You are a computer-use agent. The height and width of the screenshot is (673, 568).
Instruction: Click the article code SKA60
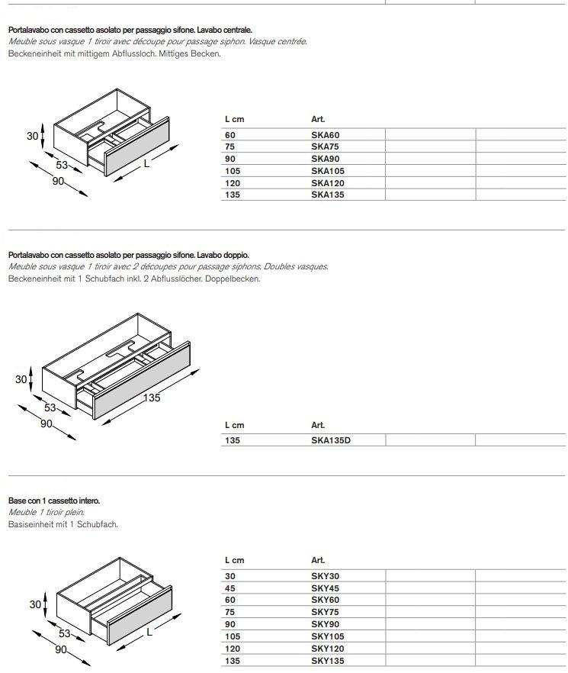[325, 135]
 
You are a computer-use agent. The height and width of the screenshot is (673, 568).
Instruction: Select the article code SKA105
[328, 171]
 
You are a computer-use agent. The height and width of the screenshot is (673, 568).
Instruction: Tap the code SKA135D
[331, 440]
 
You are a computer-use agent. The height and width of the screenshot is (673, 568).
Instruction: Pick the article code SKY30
[325, 576]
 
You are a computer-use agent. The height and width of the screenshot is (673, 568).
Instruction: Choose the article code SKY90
[325, 624]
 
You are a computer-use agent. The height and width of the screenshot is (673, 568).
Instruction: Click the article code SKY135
[328, 661]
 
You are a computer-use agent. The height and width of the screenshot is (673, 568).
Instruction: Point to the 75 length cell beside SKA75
[229, 147]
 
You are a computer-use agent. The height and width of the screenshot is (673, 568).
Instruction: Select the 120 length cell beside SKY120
[232, 649]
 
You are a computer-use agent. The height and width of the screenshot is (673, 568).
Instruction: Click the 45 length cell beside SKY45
[229, 588]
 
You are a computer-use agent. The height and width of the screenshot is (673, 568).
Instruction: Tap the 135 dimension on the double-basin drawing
[152, 398]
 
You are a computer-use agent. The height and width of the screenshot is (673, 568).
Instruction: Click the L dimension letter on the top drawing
[146, 163]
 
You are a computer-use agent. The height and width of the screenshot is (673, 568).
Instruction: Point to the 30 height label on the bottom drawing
[34, 604]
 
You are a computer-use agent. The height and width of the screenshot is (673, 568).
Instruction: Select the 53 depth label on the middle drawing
[50, 408]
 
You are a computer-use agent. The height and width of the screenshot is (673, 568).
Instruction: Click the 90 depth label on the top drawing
[59, 181]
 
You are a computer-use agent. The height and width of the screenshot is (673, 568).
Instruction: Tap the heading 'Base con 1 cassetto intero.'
[53, 501]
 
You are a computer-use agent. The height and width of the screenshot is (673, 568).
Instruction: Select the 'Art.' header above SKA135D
[318, 425]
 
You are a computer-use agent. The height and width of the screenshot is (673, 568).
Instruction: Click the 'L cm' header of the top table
[234, 119]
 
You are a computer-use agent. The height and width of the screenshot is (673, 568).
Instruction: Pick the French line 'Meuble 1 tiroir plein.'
[46, 512]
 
